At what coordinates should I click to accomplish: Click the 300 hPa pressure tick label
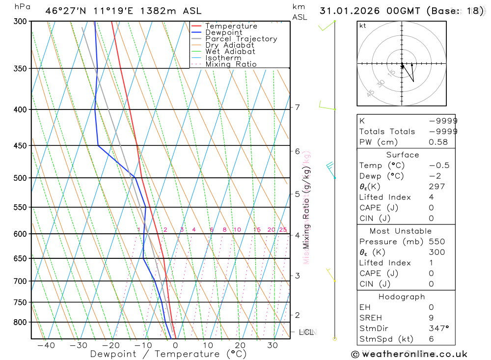pos(20,22)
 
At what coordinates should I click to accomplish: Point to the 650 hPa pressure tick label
pos(20,258)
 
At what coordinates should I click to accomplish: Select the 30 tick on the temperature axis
pos(273,345)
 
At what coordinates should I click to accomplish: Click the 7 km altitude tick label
pos(298,107)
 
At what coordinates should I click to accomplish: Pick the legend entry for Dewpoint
pos(223,32)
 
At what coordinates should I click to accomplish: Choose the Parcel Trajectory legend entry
pos(241,39)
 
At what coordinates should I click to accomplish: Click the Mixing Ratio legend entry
pos(231,64)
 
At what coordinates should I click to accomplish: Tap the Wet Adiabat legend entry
pos(230,52)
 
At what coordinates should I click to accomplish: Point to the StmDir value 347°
pos(439,329)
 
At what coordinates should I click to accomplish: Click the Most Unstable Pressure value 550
pos(436,242)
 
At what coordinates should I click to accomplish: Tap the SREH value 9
pos(431,318)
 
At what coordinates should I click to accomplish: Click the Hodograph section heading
pos(402,297)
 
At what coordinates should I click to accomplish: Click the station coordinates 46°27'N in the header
pos(66,10)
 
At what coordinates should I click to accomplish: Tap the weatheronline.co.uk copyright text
pos(409,354)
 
